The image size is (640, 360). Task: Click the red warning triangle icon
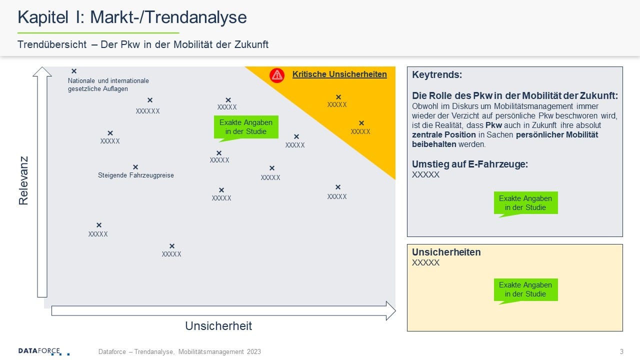(277, 75)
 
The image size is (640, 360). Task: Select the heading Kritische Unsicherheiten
(339, 74)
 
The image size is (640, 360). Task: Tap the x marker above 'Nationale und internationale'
(74, 71)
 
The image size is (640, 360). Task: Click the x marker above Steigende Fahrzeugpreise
(135, 167)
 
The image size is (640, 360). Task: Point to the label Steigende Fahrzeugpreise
(135, 175)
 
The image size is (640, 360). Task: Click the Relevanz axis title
(23, 180)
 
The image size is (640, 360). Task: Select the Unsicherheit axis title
(218, 326)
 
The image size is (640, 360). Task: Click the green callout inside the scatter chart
(246, 127)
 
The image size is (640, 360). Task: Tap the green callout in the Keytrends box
(525, 203)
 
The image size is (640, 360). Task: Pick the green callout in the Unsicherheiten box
(525, 290)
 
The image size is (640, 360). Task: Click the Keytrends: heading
(437, 75)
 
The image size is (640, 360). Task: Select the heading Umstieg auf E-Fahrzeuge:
(469, 164)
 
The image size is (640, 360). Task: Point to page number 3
(621, 351)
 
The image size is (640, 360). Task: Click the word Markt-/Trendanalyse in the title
(168, 17)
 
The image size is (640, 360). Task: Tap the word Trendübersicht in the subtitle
(52, 45)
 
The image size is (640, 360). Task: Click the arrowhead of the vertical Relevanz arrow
(42, 71)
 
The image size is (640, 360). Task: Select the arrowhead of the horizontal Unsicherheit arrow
(390, 310)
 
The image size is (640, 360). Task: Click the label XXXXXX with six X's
(147, 111)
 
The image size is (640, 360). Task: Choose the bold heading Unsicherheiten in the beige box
(446, 252)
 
